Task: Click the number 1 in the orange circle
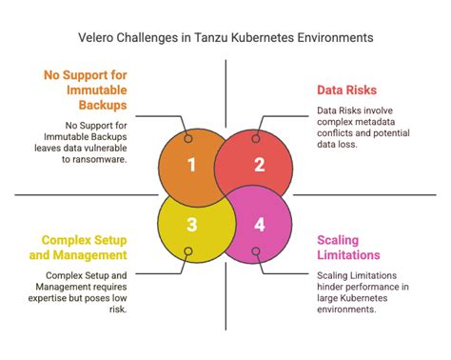coord(191,165)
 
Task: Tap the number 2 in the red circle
coord(259,165)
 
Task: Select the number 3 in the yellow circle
coord(191,225)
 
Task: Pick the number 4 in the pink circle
coord(259,225)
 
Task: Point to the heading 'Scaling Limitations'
coord(349,248)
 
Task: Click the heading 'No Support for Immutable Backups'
coord(84,90)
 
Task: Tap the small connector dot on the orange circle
coord(189,138)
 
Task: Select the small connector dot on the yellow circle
coord(189,252)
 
